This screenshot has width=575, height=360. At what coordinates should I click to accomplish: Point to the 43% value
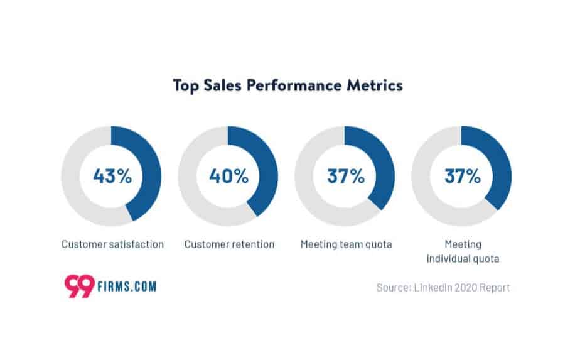pyautogui.click(x=112, y=176)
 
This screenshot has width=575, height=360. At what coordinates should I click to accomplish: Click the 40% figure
pyautogui.click(x=229, y=176)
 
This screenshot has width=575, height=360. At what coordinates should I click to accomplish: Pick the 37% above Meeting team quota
pyautogui.click(x=346, y=176)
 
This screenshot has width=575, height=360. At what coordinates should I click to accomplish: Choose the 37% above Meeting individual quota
pyautogui.click(x=463, y=176)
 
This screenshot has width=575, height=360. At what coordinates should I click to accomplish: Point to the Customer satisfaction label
pyautogui.click(x=112, y=244)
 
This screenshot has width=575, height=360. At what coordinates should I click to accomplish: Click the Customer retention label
pyautogui.click(x=229, y=244)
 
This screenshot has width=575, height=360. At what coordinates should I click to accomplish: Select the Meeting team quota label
pyautogui.click(x=346, y=244)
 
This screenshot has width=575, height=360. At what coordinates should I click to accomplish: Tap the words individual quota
pyautogui.click(x=463, y=258)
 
